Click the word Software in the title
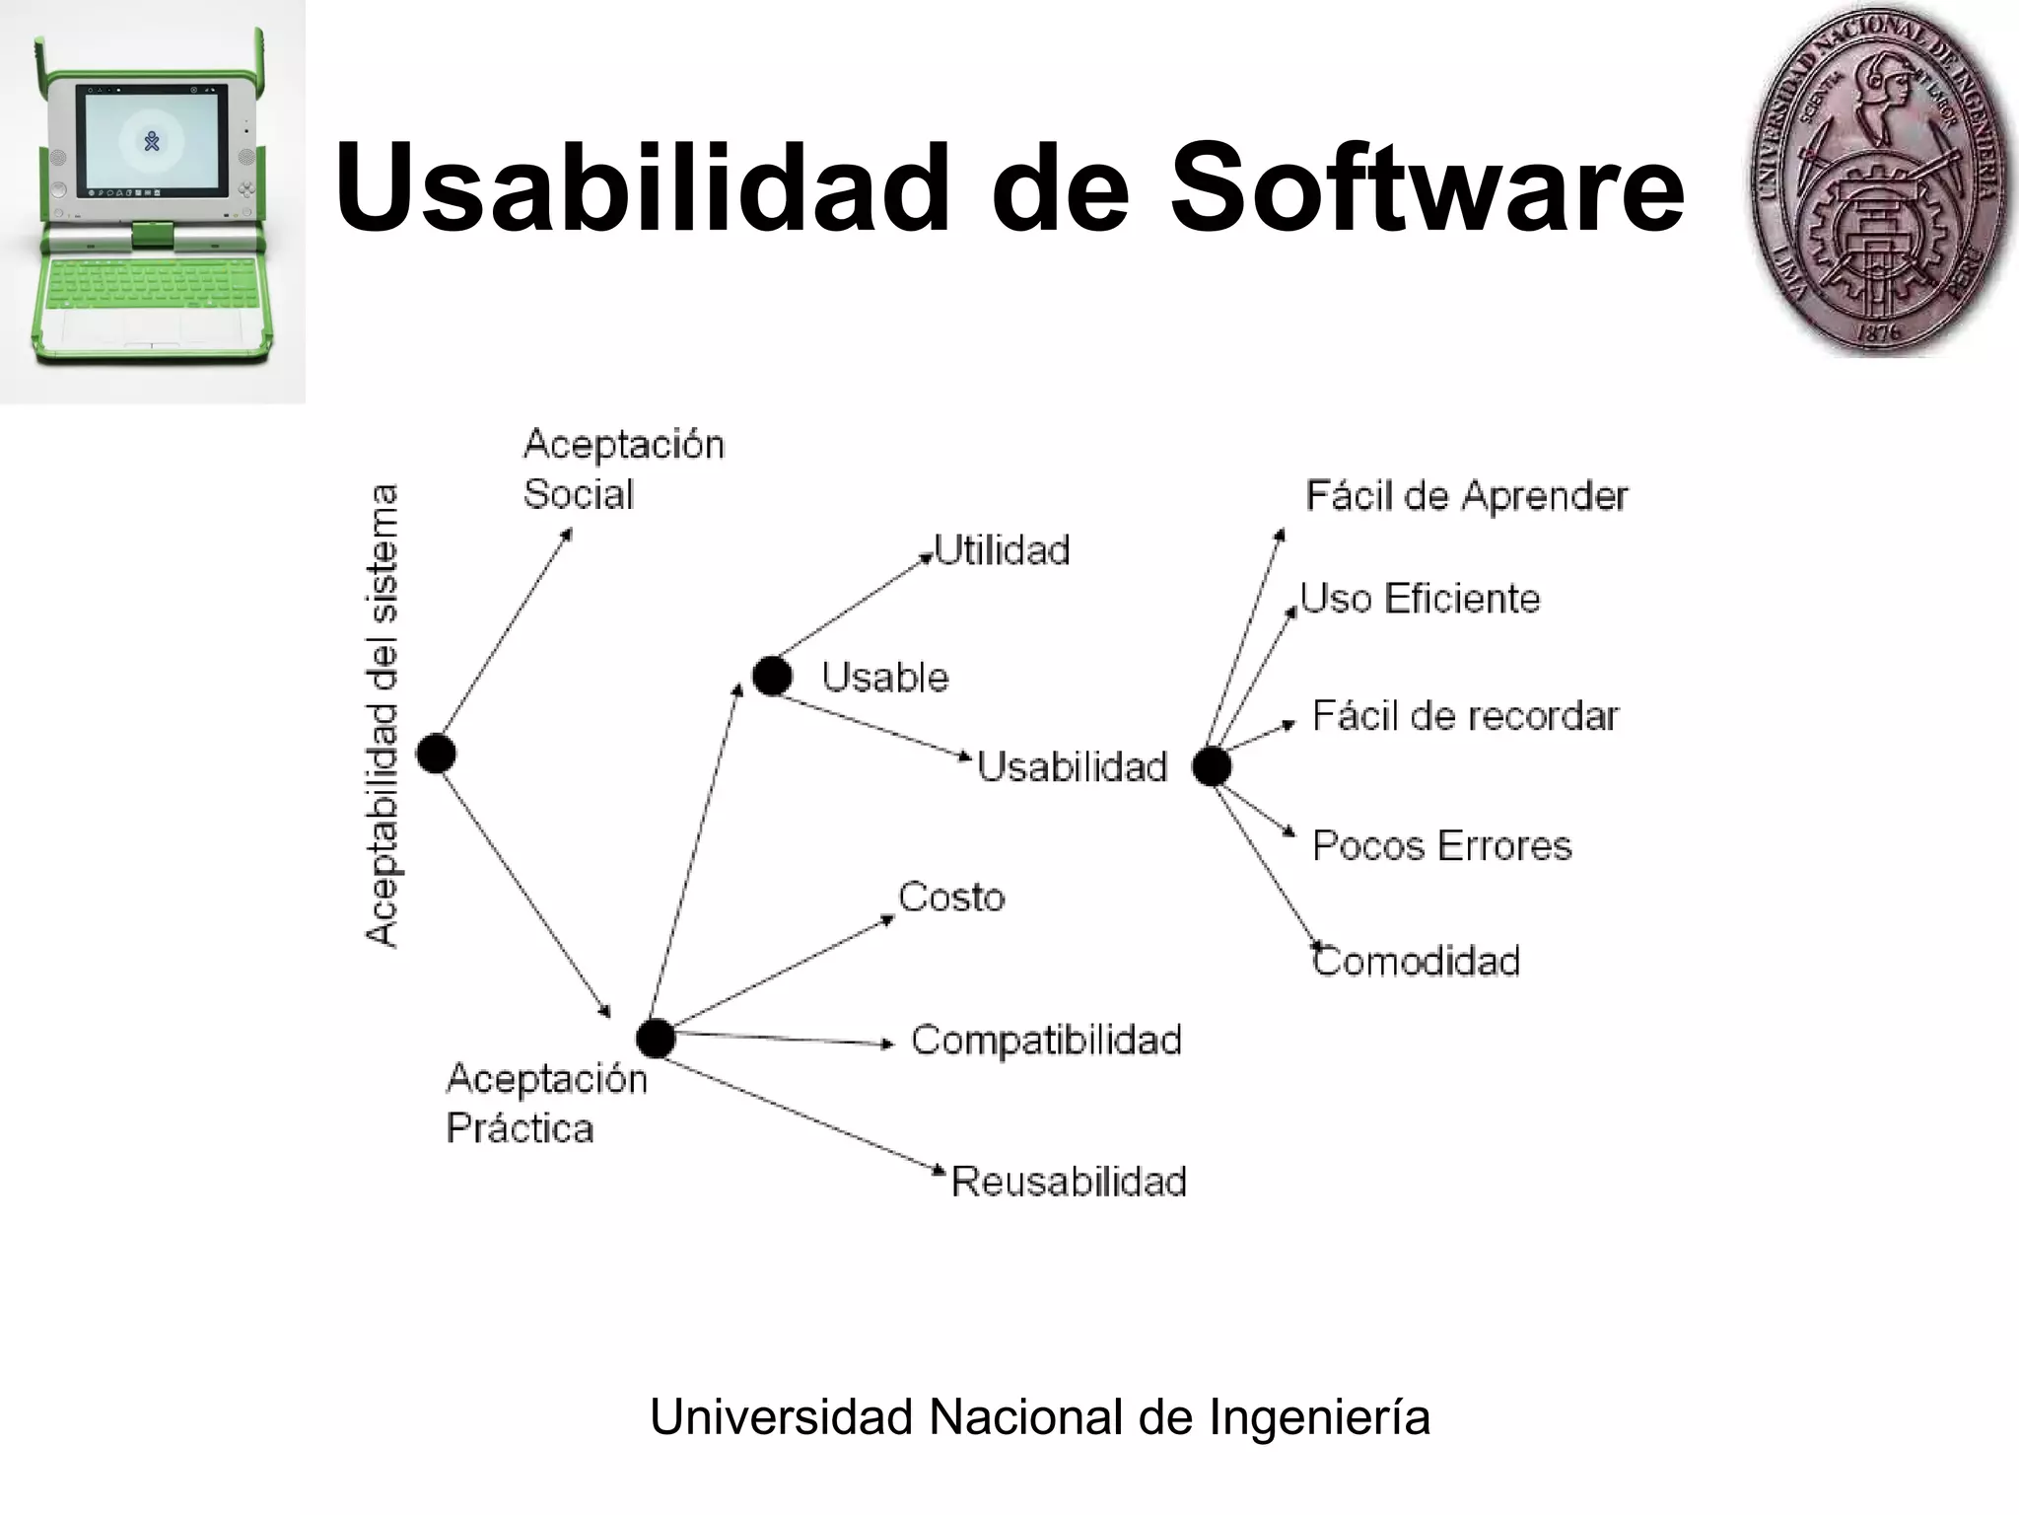click(1427, 187)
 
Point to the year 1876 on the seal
click(1878, 332)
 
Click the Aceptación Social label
click(623, 469)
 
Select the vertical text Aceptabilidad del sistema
click(383, 716)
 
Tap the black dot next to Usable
click(772, 677)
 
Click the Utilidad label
click(1002, 550)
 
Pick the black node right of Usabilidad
click(1212, 766)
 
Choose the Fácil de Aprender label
click(1466, 496)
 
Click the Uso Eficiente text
click(1420, 599)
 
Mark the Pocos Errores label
click(1441, 846)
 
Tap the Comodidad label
click(1416, 961)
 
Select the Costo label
click(951, 898)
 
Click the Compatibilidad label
click(1046, 1041)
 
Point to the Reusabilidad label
click(1069, 1182)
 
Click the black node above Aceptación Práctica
click(656, 1039)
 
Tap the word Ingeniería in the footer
click(1319, 1417)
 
